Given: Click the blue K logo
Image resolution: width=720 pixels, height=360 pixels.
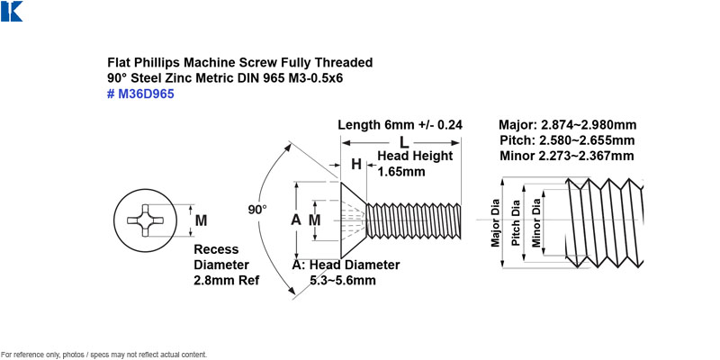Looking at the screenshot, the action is click(x=12, y=11).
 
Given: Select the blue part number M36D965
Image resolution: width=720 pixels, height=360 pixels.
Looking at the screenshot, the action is click(x=140, y=94).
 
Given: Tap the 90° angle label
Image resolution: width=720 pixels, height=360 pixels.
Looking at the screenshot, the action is click(x=257, y=210).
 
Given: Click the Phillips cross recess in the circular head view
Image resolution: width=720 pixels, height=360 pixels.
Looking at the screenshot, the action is click(x=146, y=220).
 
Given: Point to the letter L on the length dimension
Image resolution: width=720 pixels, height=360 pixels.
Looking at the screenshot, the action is click(x=404, y=143).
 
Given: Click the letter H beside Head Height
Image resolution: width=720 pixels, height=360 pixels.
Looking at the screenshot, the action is click(x=356, y=164).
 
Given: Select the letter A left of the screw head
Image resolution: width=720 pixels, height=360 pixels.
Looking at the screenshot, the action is click(x=296, y=220).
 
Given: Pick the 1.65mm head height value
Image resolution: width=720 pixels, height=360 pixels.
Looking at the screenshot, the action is click(x=400, y=172).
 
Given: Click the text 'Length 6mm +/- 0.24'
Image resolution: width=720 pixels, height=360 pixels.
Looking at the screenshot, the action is click(x=400, y=125).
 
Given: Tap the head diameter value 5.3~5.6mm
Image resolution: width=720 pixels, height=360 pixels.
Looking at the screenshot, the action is click(x=343, y=280).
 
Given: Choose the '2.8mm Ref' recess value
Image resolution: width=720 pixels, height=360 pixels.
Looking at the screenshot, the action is click(x=227, y=280).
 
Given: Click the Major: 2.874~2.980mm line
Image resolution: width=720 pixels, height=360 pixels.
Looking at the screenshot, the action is click(x=568, y=125).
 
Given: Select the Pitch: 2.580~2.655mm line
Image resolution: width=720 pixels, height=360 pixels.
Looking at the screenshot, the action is click(x=568, y=140).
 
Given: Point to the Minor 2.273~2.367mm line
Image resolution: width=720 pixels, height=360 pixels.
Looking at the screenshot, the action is click(x=568, y=156).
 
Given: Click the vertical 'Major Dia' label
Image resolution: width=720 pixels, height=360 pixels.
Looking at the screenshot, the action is click(x=495, y=222).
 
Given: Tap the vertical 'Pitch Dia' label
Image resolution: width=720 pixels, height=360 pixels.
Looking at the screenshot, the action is click(x=516, y=222).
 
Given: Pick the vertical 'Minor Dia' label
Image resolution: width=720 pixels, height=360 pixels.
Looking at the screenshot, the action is click(x=536, y=222).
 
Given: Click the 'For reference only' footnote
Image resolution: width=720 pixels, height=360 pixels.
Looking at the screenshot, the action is click(x=104, y=355).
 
